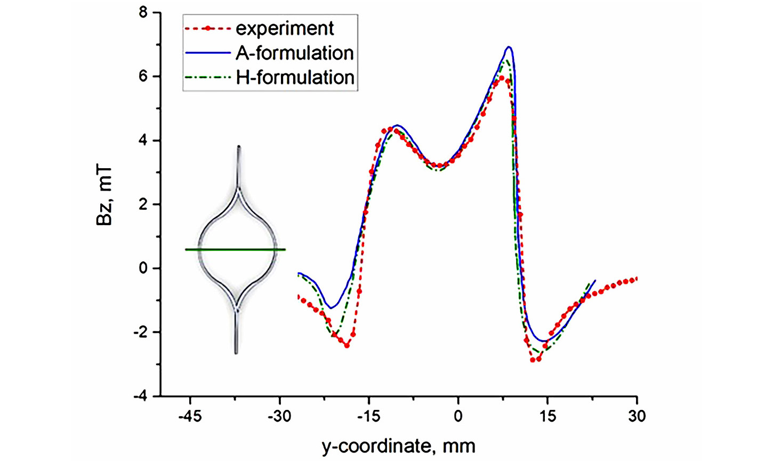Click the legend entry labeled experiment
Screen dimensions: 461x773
[x=285, y=28]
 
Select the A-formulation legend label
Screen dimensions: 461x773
[x=294, y=53]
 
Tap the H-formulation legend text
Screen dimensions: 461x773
[x=295, y=78]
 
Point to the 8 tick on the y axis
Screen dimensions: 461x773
[x=143, y=12]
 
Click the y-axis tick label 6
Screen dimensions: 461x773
[x=143, y=76]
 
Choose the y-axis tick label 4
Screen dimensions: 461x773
[x=143, y=141]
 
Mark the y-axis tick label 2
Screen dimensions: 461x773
[x=143, y=204]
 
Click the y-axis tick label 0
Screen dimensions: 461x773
[x=143, y=268]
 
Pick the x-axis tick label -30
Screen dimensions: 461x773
[x=279, y=416]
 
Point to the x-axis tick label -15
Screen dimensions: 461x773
[x=368, y=416]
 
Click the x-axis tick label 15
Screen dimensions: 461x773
[x=547, y=416]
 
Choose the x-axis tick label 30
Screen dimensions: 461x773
[x=637, y=416]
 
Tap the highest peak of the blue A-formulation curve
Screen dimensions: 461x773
[x=509, y=47]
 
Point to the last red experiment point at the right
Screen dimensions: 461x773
[x=635, y=279]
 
